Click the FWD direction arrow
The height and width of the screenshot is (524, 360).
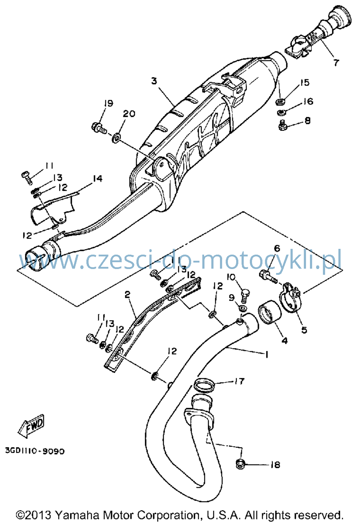coord(31,426)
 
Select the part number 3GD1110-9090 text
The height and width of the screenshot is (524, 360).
coord(35,451)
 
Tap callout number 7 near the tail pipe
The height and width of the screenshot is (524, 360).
coord(336,63)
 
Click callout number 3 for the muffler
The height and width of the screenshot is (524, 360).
coord(154,81)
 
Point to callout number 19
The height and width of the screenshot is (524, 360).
coord(109,103)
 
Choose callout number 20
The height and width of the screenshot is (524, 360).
coord(129,114)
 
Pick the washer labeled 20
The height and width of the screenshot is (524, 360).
coord(116,138)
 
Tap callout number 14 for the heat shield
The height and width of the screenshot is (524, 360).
coord(98,179)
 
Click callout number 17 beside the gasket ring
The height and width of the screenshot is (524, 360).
coord(239,381)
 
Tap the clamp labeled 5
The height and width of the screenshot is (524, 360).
coord(291,297)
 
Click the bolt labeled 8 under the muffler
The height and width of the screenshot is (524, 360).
coord(283,125)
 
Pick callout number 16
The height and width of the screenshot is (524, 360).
coord(308,101)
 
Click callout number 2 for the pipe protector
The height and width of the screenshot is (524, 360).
coord(127,295)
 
